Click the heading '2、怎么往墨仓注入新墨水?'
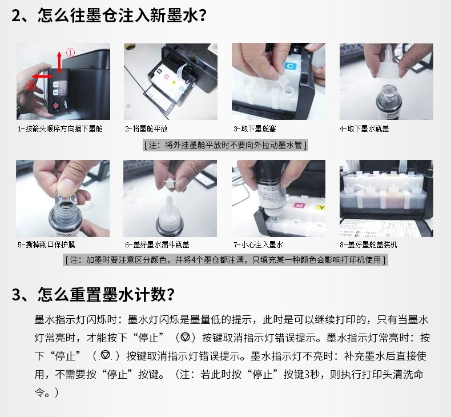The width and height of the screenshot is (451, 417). pyautogui.click(x=108, y=15)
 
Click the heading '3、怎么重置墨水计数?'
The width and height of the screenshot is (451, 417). pyautogui.click(x=93, y=294)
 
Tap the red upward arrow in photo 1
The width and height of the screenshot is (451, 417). pyautogui.click(x=59, y=62)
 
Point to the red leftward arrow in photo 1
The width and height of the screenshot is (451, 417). pyautogui.click(x=42, y=77)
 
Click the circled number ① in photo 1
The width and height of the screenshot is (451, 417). pyautogui.click(x=70, y=53)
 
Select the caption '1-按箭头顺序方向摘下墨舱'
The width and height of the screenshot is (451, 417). pyautogui.click(x=60, y=129)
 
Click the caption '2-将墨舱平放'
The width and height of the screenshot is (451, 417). pyautogui.click(x=146, y=129)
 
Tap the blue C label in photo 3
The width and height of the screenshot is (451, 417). pyautogui.click(x=290, y=66)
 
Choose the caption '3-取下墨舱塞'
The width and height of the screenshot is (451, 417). pyautogui.click(x=255, y=129)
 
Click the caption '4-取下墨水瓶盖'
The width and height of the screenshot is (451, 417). pyautogui.click(x=364, y=129)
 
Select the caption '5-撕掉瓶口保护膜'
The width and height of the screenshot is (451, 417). pyautogui.click(x=46, y=244)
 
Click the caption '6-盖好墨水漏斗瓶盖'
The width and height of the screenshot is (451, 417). pyautogui.click(x=158, y=244)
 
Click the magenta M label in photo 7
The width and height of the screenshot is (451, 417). pyautogui.click(x=299, y=205)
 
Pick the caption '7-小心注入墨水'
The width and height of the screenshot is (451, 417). pyautogui.click(x=258, y=244)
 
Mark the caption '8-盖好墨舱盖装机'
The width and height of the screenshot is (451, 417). pyautogui.click(x=368, y=244)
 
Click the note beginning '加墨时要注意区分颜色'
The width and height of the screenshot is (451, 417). pyautogui.click(x=225, y=260)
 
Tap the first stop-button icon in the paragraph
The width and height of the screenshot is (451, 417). pyautogui.click(x=186, y=337)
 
